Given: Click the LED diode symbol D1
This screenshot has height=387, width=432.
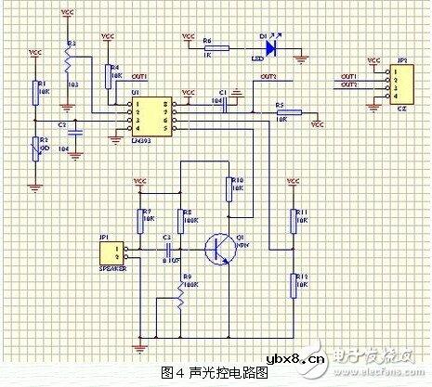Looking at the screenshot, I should click(269, 44).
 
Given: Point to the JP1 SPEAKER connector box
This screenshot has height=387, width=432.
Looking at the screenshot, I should click(116, 251).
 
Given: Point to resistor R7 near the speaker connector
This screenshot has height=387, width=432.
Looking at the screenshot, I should click(142, 220).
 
